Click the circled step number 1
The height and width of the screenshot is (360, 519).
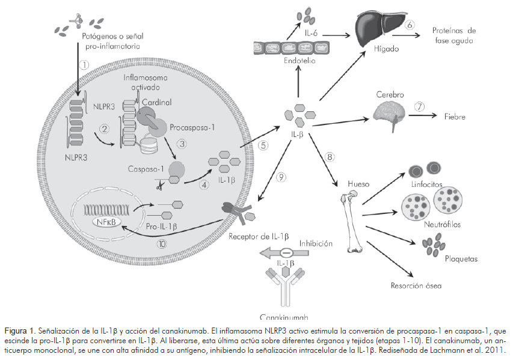[x=85, y=64]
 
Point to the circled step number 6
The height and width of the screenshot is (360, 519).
[x=410, y=25]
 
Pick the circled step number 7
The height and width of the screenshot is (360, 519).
[x=419, y=107]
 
